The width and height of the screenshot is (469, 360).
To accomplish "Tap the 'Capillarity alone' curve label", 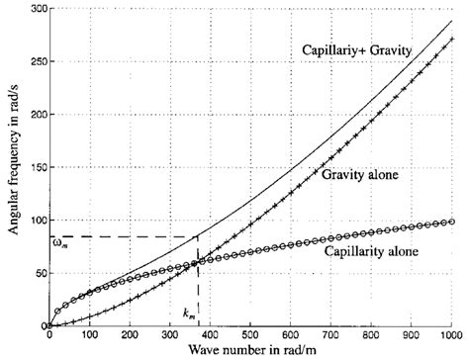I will pyautogui.click(x=372, y=251).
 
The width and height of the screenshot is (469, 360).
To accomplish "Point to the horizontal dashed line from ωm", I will pyautogui.click(x=119, y=236).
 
